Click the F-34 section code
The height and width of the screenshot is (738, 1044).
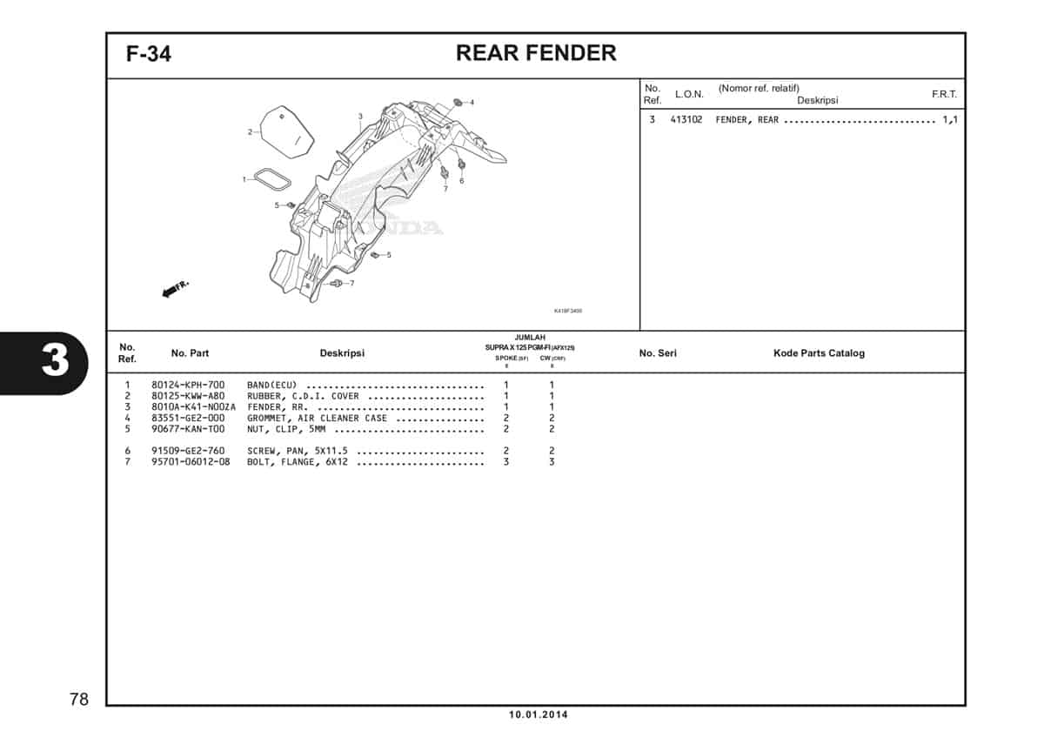[x=149, y=54]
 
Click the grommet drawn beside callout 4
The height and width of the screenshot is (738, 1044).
[x=458, y=103]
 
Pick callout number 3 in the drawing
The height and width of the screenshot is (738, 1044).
[x=360, y=117]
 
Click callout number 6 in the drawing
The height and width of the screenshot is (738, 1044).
[x=461, y=181]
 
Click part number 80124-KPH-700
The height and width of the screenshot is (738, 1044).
[x=188, y=386]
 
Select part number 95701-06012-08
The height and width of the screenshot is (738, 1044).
[x=191, y=462]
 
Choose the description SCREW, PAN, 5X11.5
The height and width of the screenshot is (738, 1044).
[x=298, y=451]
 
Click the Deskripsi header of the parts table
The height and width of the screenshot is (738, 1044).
[x=342, y=353]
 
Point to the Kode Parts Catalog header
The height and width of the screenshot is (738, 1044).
[x=819, y=353]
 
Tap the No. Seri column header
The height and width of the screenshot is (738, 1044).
[x=658, y=353]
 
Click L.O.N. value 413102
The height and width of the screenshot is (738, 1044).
[x=686, y=120]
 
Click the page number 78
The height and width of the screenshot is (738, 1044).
[x=78, y=699]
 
